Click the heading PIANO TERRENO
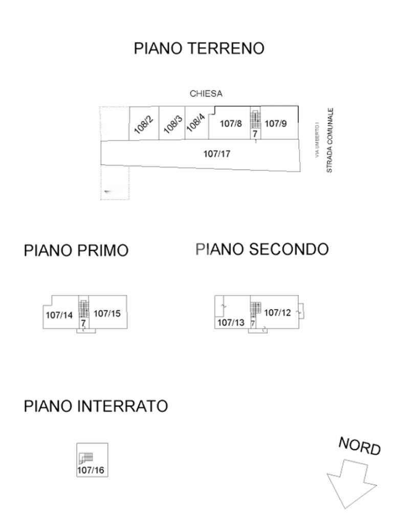tap(199, 48)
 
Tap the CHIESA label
tap(206, 94)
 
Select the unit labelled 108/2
tap(144, 123)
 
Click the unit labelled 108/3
tap(172, 123)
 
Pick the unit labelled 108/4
tap(196, 123)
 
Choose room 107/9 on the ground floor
tap(279, 123)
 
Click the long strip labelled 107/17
tap(201, 155)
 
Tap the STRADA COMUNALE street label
tap(330, 140)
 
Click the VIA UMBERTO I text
tap(317, 140)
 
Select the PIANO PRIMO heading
tap(76, 250)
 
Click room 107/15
tap(107, 312)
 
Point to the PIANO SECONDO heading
tap(262, 250)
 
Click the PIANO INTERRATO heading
tap(96, 406)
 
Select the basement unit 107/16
tap(92, 460)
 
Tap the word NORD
tap(360, 446)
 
